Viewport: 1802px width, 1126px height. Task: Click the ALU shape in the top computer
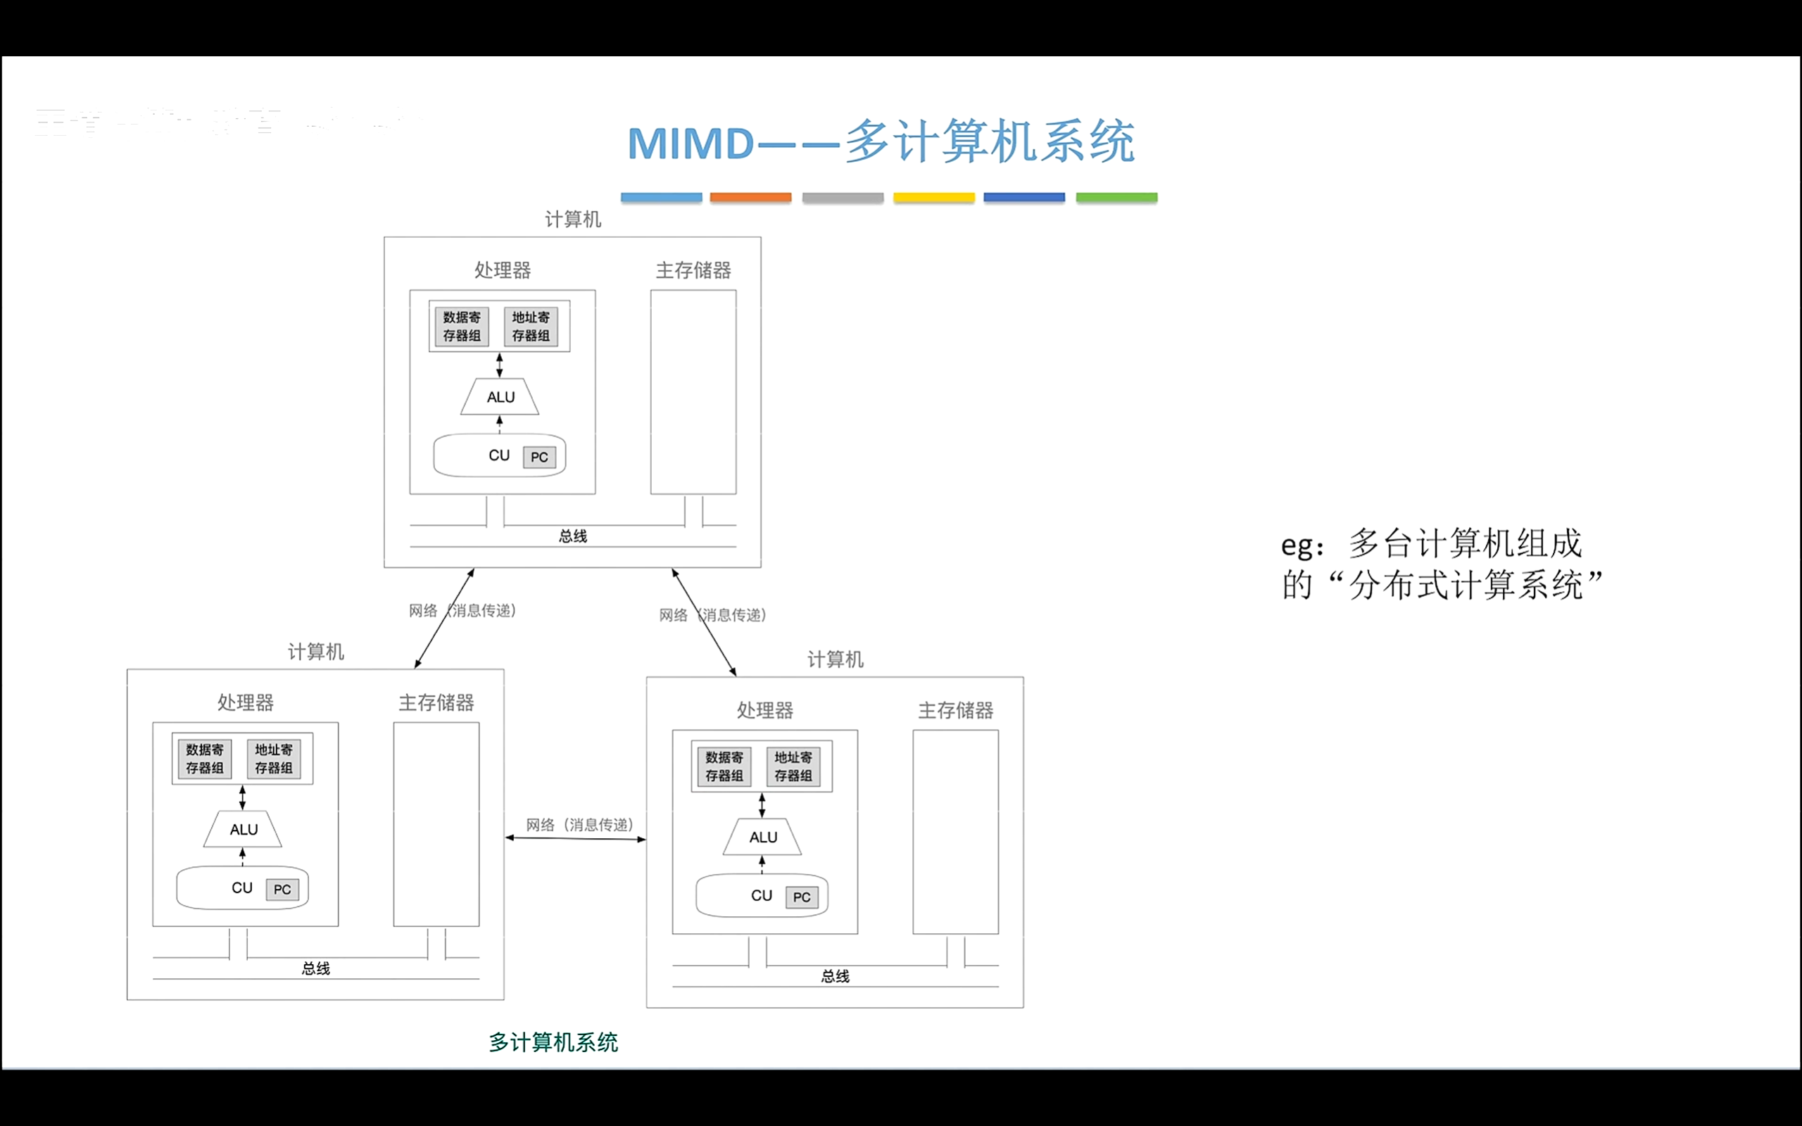500,397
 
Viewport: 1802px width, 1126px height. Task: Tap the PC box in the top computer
539,457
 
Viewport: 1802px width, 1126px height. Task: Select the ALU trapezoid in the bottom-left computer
243,830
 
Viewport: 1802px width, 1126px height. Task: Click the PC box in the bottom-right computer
801,897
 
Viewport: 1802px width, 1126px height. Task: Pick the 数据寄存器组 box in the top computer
462,326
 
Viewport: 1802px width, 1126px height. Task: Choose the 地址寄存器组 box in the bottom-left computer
273,759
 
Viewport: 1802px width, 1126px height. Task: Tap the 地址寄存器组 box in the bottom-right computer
793,766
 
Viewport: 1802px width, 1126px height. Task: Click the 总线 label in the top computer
572,536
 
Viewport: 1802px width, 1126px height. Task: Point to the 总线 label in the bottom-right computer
835,976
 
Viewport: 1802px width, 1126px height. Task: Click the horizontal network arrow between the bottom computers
575,839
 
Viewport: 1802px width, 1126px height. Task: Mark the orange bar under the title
750,197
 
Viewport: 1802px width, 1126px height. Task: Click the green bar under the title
1116,197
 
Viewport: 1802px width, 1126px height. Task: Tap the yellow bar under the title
934,197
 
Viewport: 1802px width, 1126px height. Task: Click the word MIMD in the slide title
691,143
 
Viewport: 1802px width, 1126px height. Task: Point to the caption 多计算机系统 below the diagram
553,1042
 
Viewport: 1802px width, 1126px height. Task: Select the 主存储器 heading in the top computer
693,270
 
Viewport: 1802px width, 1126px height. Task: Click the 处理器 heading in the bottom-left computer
245,702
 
